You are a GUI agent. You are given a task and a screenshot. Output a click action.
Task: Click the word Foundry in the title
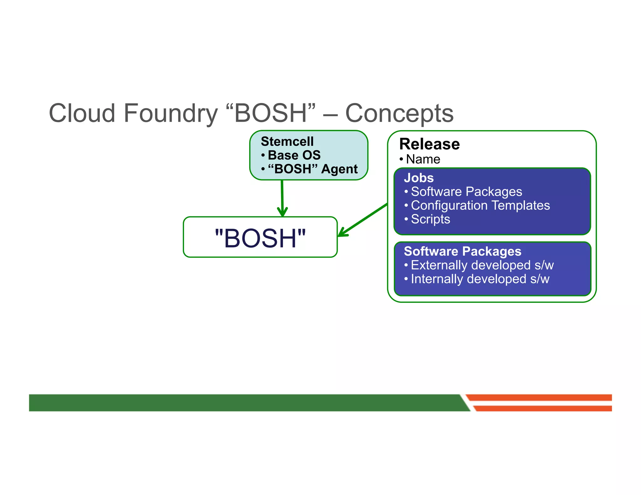tap(170, 113)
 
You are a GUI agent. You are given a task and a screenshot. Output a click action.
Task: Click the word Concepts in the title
tap(399, 113)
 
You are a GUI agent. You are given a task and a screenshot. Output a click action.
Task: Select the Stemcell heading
tap(287, 141)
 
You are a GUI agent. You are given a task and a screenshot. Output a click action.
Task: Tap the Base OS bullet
tap(294, 155)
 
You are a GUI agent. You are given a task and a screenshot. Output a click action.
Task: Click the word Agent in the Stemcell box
tap(339, 169)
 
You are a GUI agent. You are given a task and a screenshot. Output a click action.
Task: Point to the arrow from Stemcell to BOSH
tap(282, 197)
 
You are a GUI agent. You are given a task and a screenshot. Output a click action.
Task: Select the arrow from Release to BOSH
tap(363, 220)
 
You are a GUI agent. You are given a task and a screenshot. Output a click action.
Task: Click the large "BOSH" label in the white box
tap(260, 238)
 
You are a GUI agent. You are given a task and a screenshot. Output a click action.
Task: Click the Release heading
tap(429, 144)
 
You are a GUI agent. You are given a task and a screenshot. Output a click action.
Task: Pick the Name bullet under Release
tap(423, 159)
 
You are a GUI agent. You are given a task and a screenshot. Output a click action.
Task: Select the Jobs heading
tap(418, 178)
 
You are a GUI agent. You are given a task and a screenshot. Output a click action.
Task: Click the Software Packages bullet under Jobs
tap(466, 191)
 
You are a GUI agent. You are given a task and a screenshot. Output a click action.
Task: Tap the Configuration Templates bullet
tap(480, 205)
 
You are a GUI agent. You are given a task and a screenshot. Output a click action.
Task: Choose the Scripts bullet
tap(430, 219)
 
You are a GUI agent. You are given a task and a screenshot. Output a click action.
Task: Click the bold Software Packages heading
tap(462, 251)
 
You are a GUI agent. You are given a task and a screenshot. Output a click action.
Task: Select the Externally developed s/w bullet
tap(482, 265)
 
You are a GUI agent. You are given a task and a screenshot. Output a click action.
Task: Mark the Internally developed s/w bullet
tap(480, 279)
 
